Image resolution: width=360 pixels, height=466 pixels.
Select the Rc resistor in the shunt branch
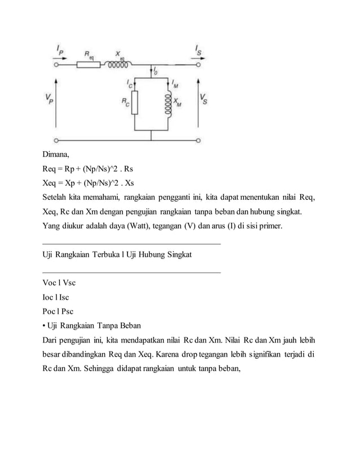click(x=134, y=102)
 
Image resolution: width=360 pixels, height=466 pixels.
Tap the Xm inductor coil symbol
click(x=167, y=103)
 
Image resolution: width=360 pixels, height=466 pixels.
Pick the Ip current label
click(x=60, y=50)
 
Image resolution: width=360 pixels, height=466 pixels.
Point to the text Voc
click(x=49, y=283)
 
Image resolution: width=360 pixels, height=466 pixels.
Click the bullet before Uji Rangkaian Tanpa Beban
click(x=44, y=326)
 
